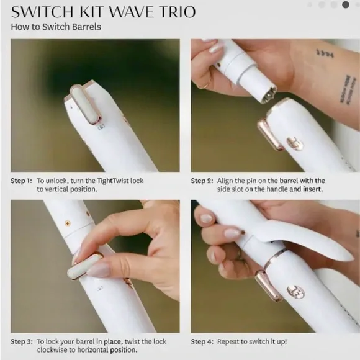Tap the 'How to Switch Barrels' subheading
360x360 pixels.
coord(55,27)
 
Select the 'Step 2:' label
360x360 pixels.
coord(202,181)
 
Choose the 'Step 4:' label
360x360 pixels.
coord(202,341)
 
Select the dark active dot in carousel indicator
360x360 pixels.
coord(346,4)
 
